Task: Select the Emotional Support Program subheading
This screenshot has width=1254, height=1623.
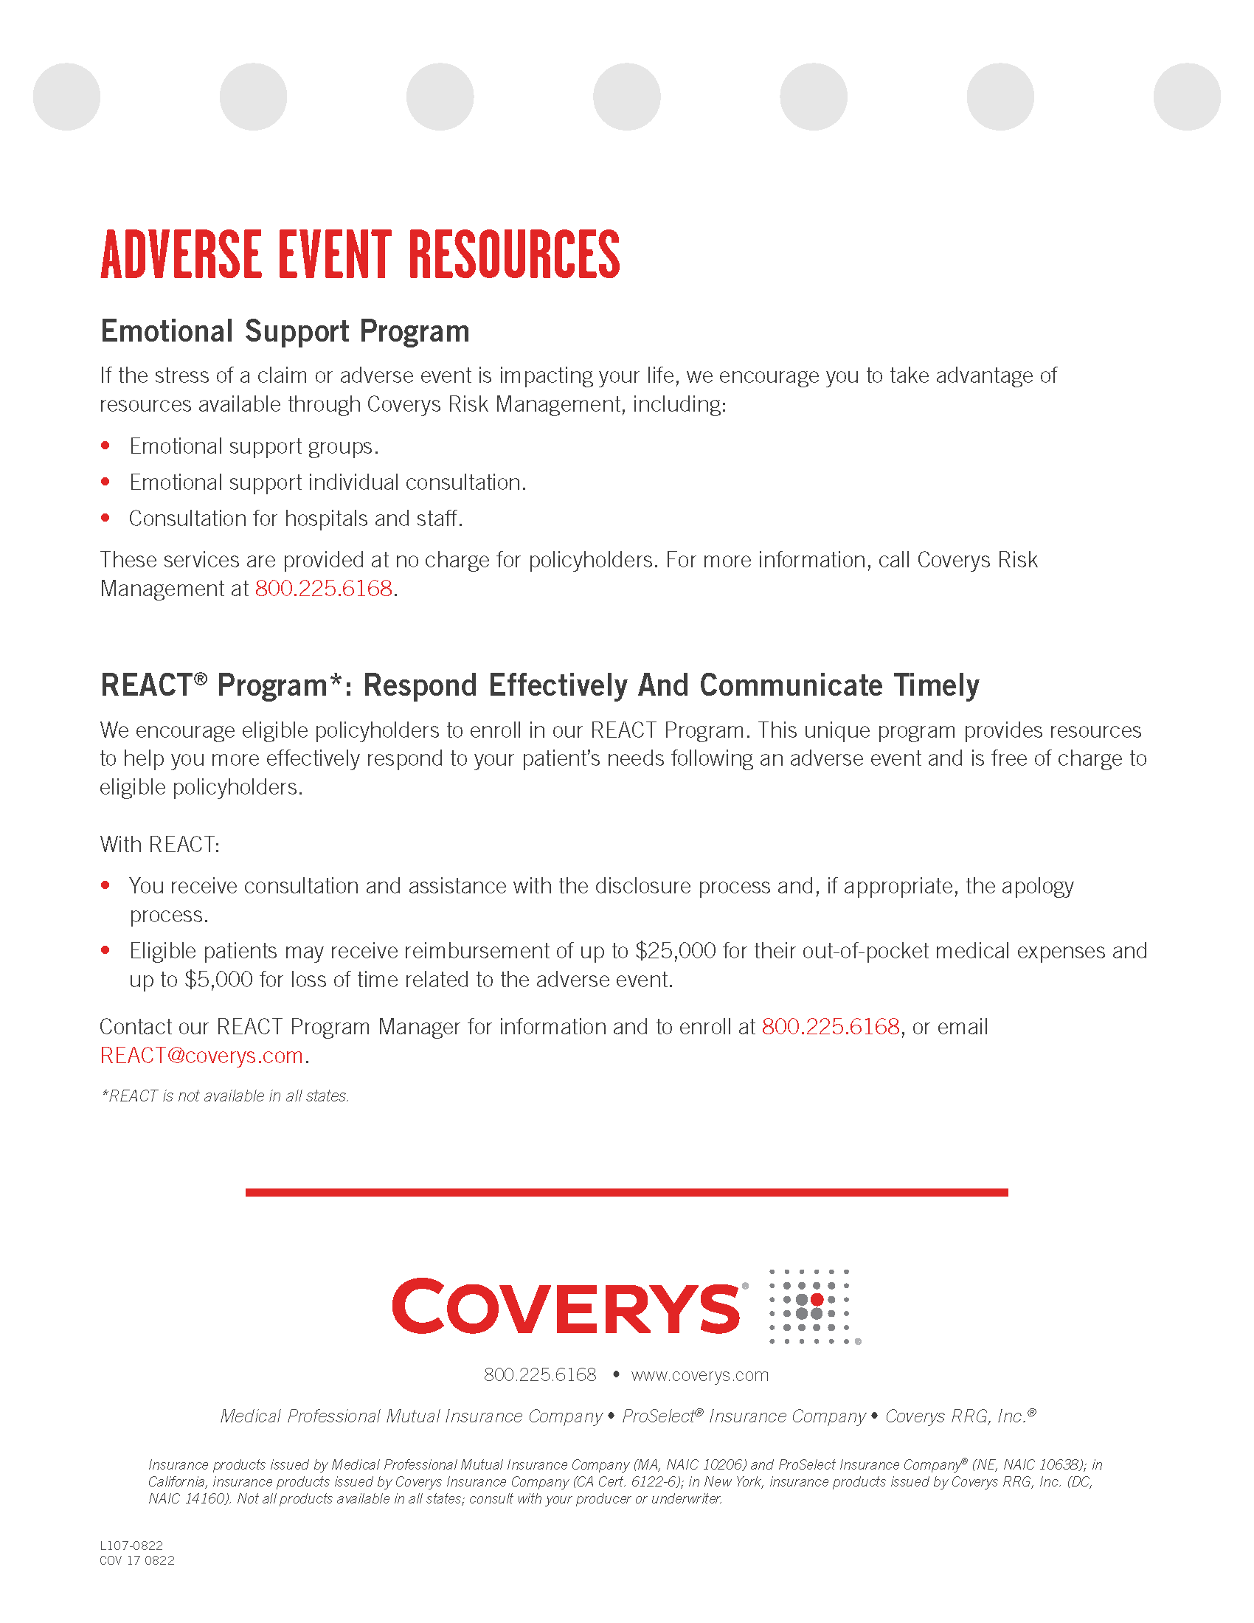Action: (x=285, y=331)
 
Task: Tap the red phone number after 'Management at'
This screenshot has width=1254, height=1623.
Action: (x=323, y=589)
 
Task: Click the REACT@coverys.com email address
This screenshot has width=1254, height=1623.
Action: (x=201, y=1055)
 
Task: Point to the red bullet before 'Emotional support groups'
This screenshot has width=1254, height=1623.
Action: (x=105, y=446)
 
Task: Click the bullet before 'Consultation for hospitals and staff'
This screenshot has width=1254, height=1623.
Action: (x=105, y=518)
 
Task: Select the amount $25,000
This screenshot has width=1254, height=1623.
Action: (x=675, y=951)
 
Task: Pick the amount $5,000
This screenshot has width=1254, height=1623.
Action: (x=218, y=980)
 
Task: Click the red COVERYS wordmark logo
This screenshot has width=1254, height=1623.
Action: (x=566, y=1307)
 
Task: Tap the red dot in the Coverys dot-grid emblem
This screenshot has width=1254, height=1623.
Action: (x=817, y=1300)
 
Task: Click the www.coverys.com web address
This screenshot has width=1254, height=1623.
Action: (x=700, y=1375)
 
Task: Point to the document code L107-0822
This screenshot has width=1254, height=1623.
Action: (x=131, y=1546)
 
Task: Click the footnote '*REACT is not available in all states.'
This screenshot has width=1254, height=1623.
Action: (x=224, y=1096)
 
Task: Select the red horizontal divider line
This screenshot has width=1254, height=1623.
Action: (x=626, y=1193)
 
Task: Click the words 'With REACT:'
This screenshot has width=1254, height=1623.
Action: (x=160, y=845)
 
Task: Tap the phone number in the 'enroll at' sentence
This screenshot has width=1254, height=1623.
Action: (x=831, y=1027)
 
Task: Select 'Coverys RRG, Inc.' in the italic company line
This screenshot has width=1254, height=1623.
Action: (x=955, y=1416)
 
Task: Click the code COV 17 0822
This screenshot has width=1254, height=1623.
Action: (x=137, y=1560)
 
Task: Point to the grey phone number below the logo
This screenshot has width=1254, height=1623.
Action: (x=539, y=1375)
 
